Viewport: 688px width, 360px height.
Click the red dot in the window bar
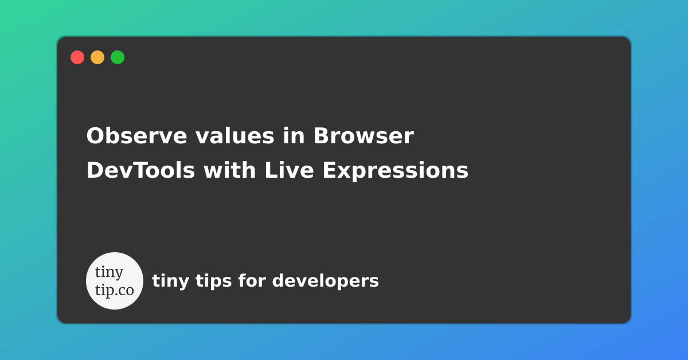[77, 57]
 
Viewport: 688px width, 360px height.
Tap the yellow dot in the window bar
[97, 57]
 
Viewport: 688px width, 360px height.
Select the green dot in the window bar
[118, 57]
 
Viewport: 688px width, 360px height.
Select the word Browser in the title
[363, 136]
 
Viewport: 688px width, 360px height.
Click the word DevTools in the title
[140, 171]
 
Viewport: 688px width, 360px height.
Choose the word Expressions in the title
[395, 171]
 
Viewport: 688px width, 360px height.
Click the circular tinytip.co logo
[115, 281]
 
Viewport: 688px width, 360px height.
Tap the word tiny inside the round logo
[109, 272]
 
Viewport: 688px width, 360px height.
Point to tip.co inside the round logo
[115, 289]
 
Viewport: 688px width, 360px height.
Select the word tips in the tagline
[213, 281]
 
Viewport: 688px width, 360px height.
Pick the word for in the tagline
[252, 281]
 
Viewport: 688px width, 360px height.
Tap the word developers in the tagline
[325, 281]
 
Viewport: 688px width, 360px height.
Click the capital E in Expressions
[329, 171]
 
